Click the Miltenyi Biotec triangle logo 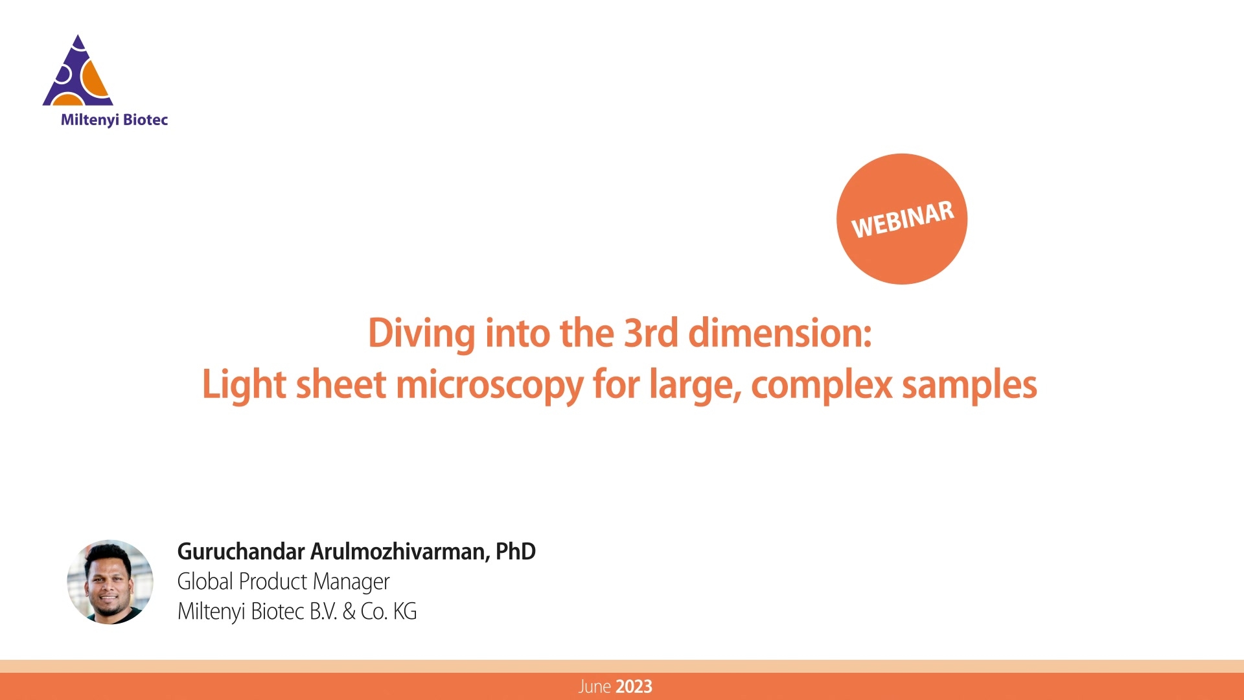point(78,71)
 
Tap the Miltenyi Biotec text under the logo point(114,120)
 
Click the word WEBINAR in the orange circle point(903,219)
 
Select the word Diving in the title point(421,334)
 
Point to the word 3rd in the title point(651,333)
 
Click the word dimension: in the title point(780,333)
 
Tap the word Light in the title point(244,385)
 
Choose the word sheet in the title point(341,384)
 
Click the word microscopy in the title point(490,386)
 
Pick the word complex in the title point(822,386)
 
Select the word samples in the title point(969,386)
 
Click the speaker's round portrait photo point(110,582)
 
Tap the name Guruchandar point(241,552)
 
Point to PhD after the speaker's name point(516,552)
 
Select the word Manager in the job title point(351,582)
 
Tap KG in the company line point(405,611)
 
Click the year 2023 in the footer point(634,687)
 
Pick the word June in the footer point(595,687)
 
